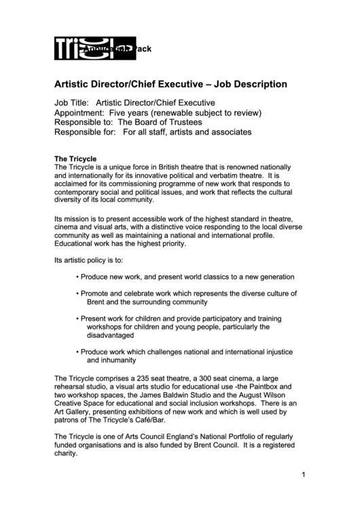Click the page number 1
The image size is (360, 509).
(304, 475)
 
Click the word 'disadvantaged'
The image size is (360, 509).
(111, 334)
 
